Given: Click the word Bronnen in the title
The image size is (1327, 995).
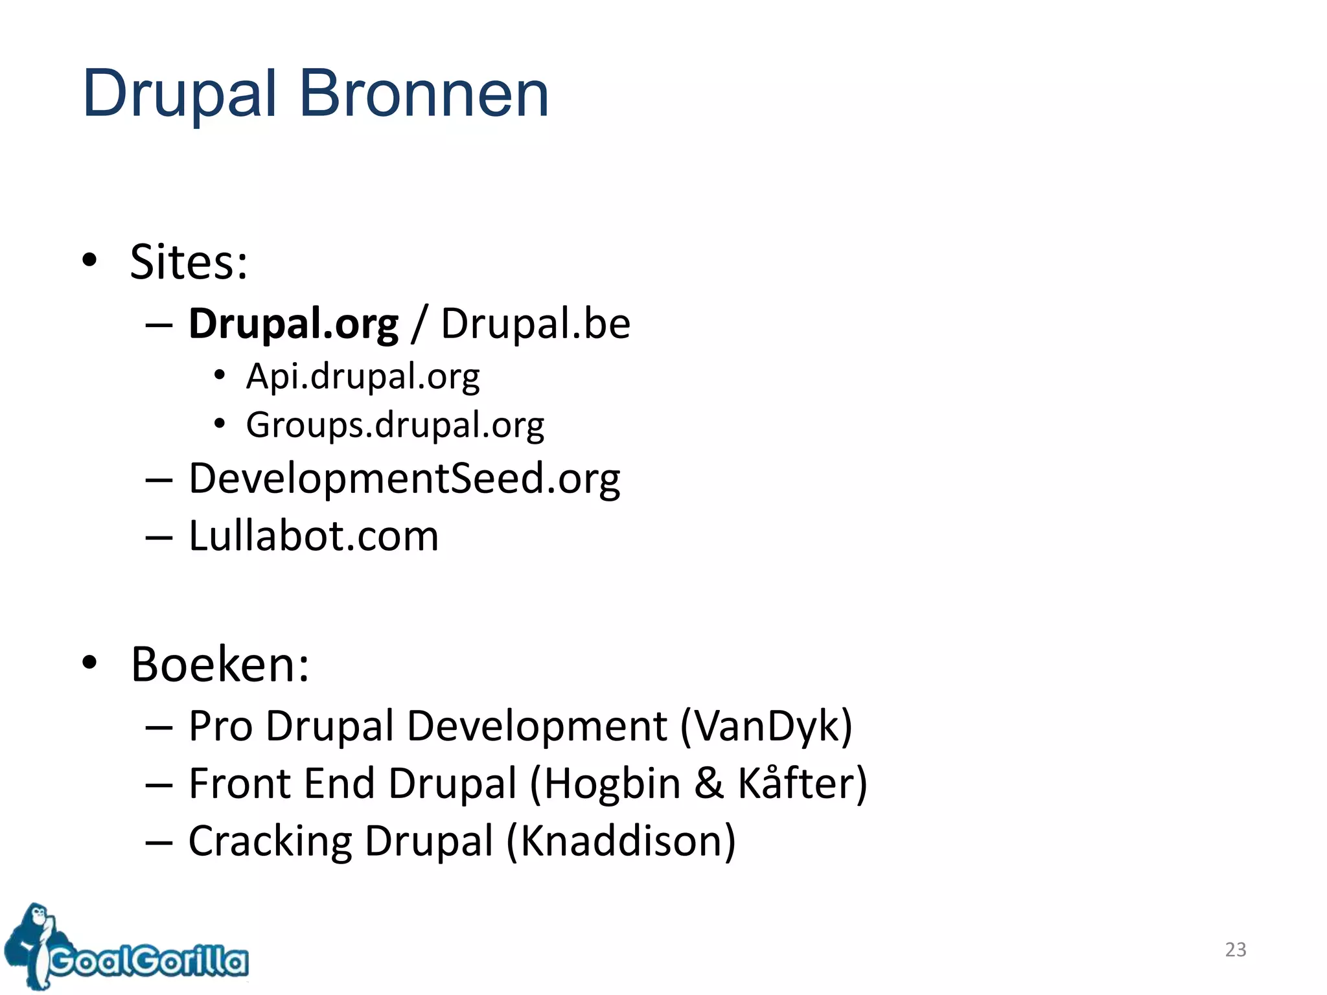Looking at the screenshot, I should pos(424,94).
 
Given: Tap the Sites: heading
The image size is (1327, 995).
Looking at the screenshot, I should pos(189,262).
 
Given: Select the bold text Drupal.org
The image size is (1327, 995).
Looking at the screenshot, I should pos(293,324).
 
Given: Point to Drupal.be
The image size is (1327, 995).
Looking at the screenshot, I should pos(535,323).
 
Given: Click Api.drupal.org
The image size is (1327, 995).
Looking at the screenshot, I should pos(363,377).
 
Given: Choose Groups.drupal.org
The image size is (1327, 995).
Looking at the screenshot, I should pos(395,426).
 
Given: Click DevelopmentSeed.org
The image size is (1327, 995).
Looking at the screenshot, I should pos(404,479).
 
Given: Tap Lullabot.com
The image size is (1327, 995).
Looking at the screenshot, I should pos(314,536).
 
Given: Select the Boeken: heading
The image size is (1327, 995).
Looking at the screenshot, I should pos(220,665).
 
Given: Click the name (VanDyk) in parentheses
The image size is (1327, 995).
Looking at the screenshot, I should pos(767,726).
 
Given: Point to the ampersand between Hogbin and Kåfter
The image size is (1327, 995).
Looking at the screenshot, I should pos(708,783).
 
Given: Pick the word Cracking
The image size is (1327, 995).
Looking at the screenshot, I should pos(270,841).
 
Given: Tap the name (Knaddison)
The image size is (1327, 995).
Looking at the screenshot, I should pos(621,841).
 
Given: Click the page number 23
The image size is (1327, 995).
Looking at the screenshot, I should pos(1235,950).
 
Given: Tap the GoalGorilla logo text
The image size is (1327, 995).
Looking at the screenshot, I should pos(149,961).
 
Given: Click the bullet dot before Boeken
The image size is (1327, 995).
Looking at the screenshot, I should pos(89,663).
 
